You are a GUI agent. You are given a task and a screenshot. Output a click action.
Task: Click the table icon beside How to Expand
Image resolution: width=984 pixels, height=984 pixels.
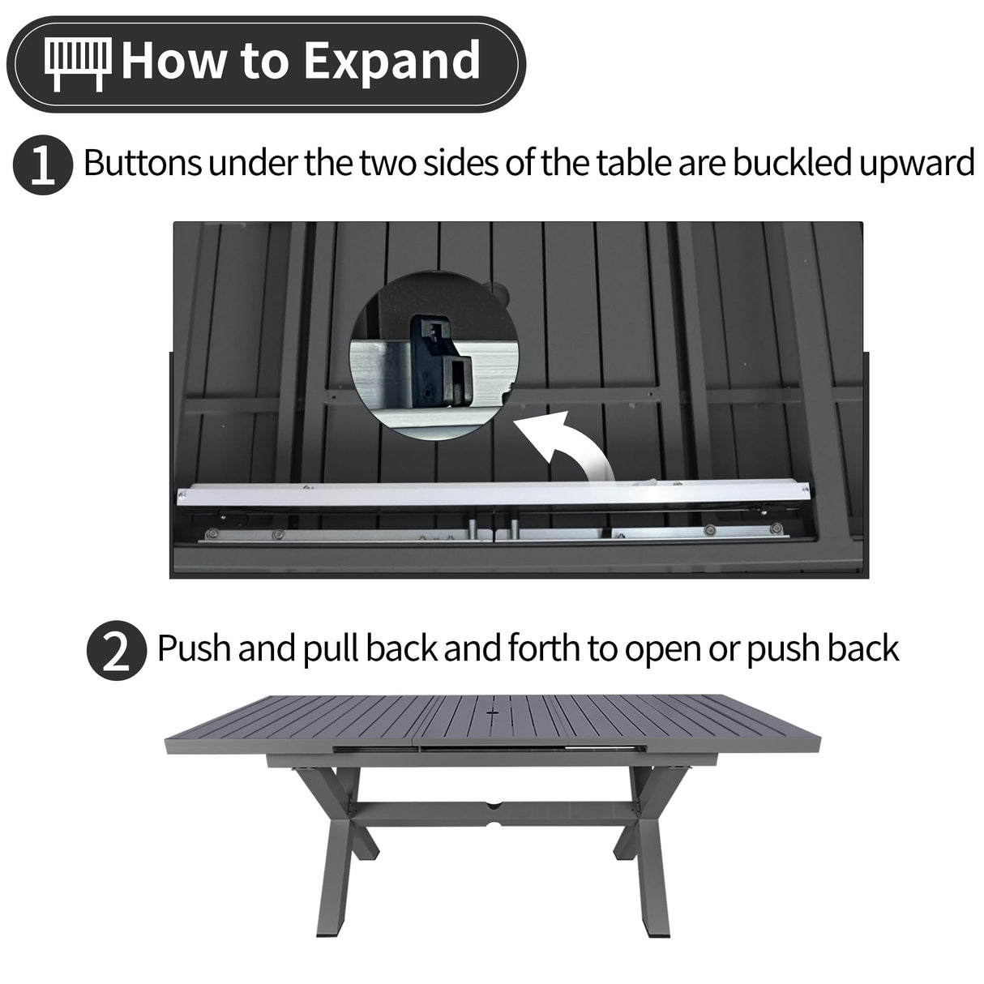coord(77,63)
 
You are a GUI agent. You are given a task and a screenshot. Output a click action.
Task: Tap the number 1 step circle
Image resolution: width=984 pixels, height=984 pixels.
coord(40,166)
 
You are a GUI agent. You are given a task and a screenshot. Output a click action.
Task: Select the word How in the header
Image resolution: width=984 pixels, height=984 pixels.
coord(170,62)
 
